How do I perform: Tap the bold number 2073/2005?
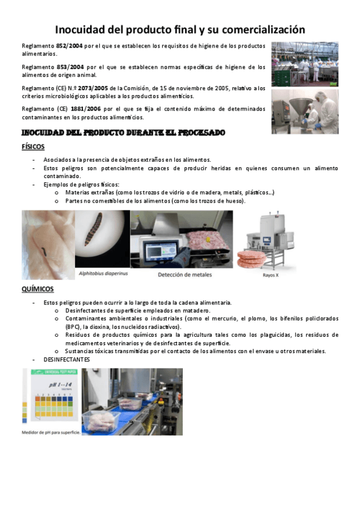pos(93,88)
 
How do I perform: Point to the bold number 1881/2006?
pos(86,109)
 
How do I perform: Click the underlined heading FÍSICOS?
pos(33,147)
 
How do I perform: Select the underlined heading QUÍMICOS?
pos(38,289)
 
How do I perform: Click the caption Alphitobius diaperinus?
pos(103,273)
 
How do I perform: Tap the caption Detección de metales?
pos(185,274)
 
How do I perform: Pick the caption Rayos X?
pos(270,275)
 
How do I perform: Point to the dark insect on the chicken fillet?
pos(44,251)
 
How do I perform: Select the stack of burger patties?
pos(251,259)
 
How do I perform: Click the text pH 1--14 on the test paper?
pos(61,385)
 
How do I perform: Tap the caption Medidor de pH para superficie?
pos(51,432)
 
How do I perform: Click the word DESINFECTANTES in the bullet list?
pos(67,360)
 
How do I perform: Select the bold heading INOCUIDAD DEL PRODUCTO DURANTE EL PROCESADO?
pos(123,133)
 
